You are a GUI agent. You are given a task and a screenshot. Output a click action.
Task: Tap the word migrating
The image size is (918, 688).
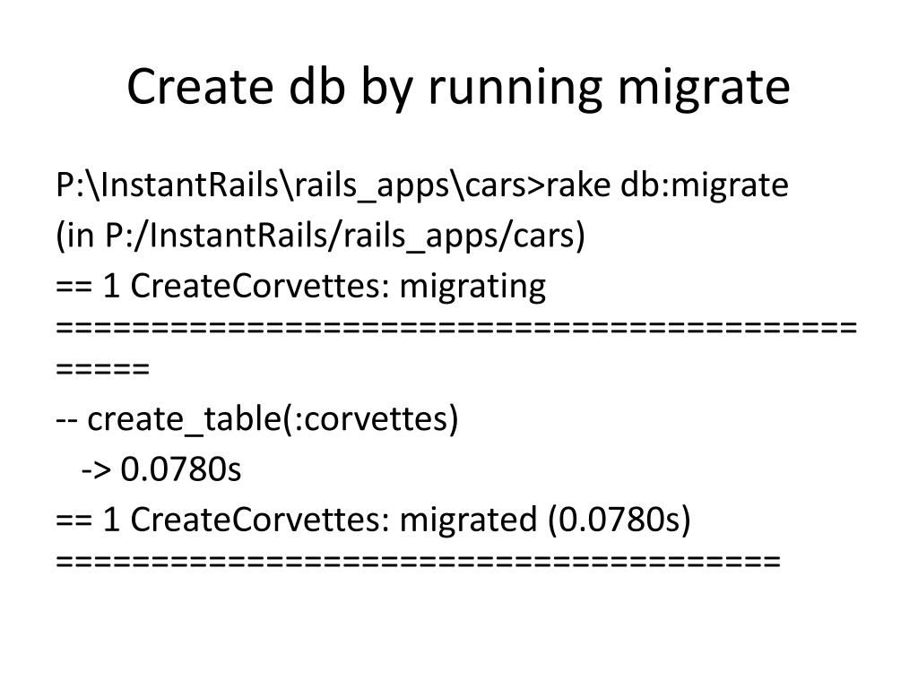[x=472, y=287]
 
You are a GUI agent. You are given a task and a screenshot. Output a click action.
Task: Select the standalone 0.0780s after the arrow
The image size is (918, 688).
[x=181, y=469]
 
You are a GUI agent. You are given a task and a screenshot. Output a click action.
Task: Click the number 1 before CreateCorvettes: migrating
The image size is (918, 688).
[x=112, y=287]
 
